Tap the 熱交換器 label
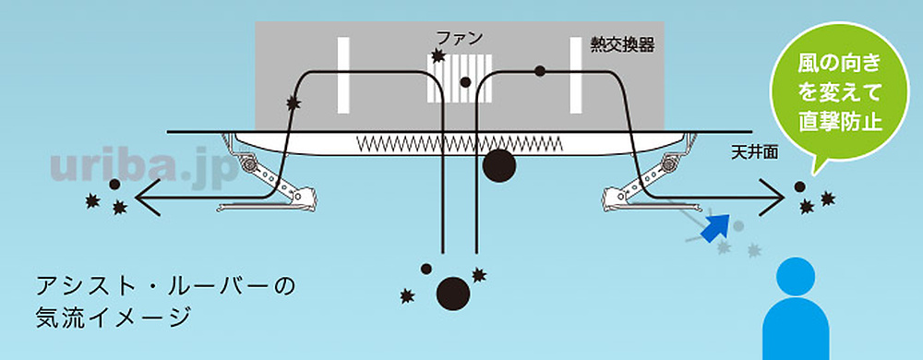coord(623,44)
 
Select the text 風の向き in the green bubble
coord(833,65)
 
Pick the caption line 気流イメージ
coord(113,318)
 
